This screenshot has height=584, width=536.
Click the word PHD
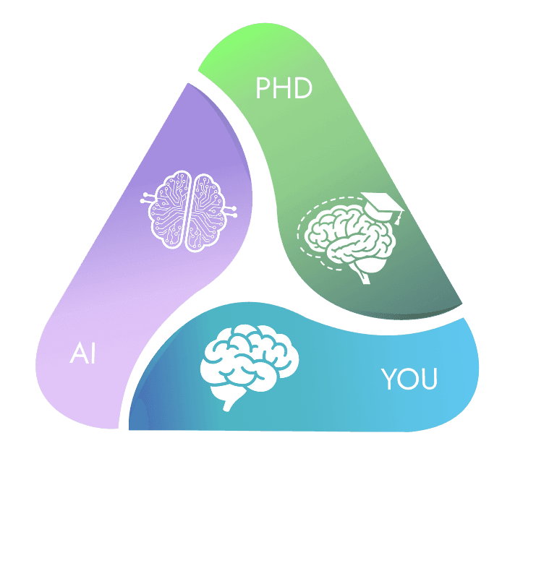pyautogui.click(x=284, y=89)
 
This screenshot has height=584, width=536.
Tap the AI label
pyautogui.click(x=83, y=355)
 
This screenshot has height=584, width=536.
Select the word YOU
pyautogui.click(x=409, y=379)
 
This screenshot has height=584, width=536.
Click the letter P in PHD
pyautogui.click(x=265, y=89)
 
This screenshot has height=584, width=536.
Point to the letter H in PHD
pyautogui.click(x=283, y=89)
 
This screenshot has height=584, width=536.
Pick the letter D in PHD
pyautogui.click(x=302, y=89)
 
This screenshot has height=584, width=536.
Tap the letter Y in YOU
pyautogui.click(x=389, y=379)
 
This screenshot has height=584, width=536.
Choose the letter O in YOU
pyautogui.click(x=408, y=379)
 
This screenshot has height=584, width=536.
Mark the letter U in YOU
pyautogui.click(x=428, y=379)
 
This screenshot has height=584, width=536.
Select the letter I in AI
pyautogui.click(x=93, y=355)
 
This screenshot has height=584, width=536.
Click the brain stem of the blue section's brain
pyautogui.click(x=231, y=400)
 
